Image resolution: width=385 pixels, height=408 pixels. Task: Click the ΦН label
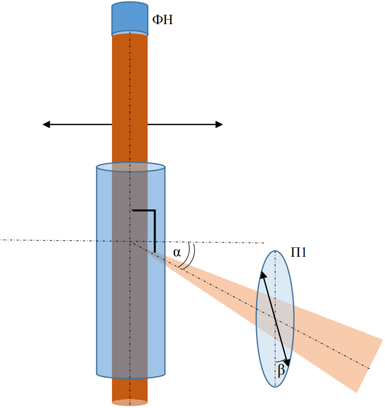162,20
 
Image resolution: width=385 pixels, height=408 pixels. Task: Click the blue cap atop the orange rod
130,18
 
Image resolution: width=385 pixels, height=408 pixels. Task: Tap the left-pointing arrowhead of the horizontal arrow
46,124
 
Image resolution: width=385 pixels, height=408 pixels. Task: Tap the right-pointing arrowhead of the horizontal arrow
219,124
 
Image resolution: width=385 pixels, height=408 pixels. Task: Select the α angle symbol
177,252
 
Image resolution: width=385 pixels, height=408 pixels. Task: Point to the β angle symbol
281,370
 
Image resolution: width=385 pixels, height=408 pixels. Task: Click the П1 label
299,252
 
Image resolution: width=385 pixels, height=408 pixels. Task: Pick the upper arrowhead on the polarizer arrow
263,275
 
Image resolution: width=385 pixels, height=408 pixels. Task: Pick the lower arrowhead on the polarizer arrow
287,363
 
